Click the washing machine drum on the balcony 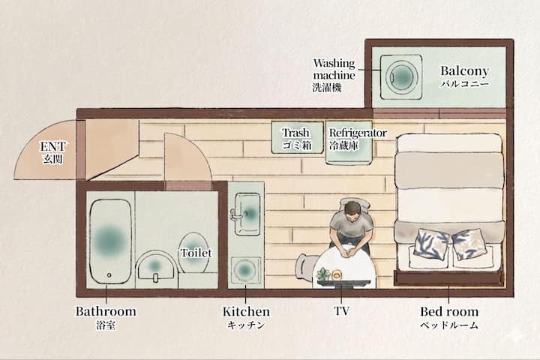click(401, 76)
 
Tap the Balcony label click(464, 71)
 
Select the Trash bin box click(297, 137)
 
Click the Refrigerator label click(358, 133)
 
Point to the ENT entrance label click(52, 146)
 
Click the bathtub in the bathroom click(110, 241)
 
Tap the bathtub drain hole click(109, 275)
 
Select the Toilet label click(196, 253)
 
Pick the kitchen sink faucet click(238, 215)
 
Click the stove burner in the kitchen click(244, 270)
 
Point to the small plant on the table click(323, 274)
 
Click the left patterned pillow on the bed click(432, 242)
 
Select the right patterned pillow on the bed click(468, 244)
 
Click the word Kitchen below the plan click(246, 311)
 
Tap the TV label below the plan click(342, 311)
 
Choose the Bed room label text click(449, 311)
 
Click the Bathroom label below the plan click(106, 311)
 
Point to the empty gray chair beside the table click(306, 266)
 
